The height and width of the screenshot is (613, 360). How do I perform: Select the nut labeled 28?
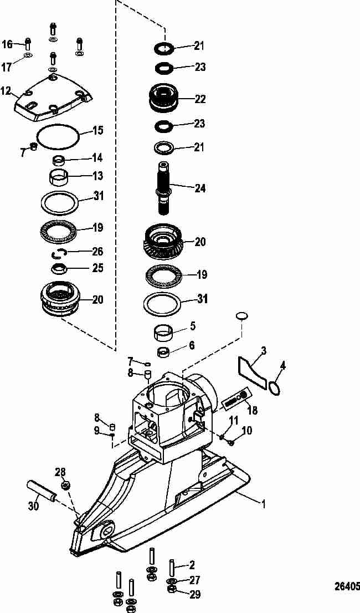(x=65, y=486)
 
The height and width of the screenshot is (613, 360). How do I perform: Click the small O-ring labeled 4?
(x=275, y=388)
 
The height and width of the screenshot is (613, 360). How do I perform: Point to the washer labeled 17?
(x=28, y=54)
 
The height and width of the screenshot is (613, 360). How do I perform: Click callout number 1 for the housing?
(x=263, y=504)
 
